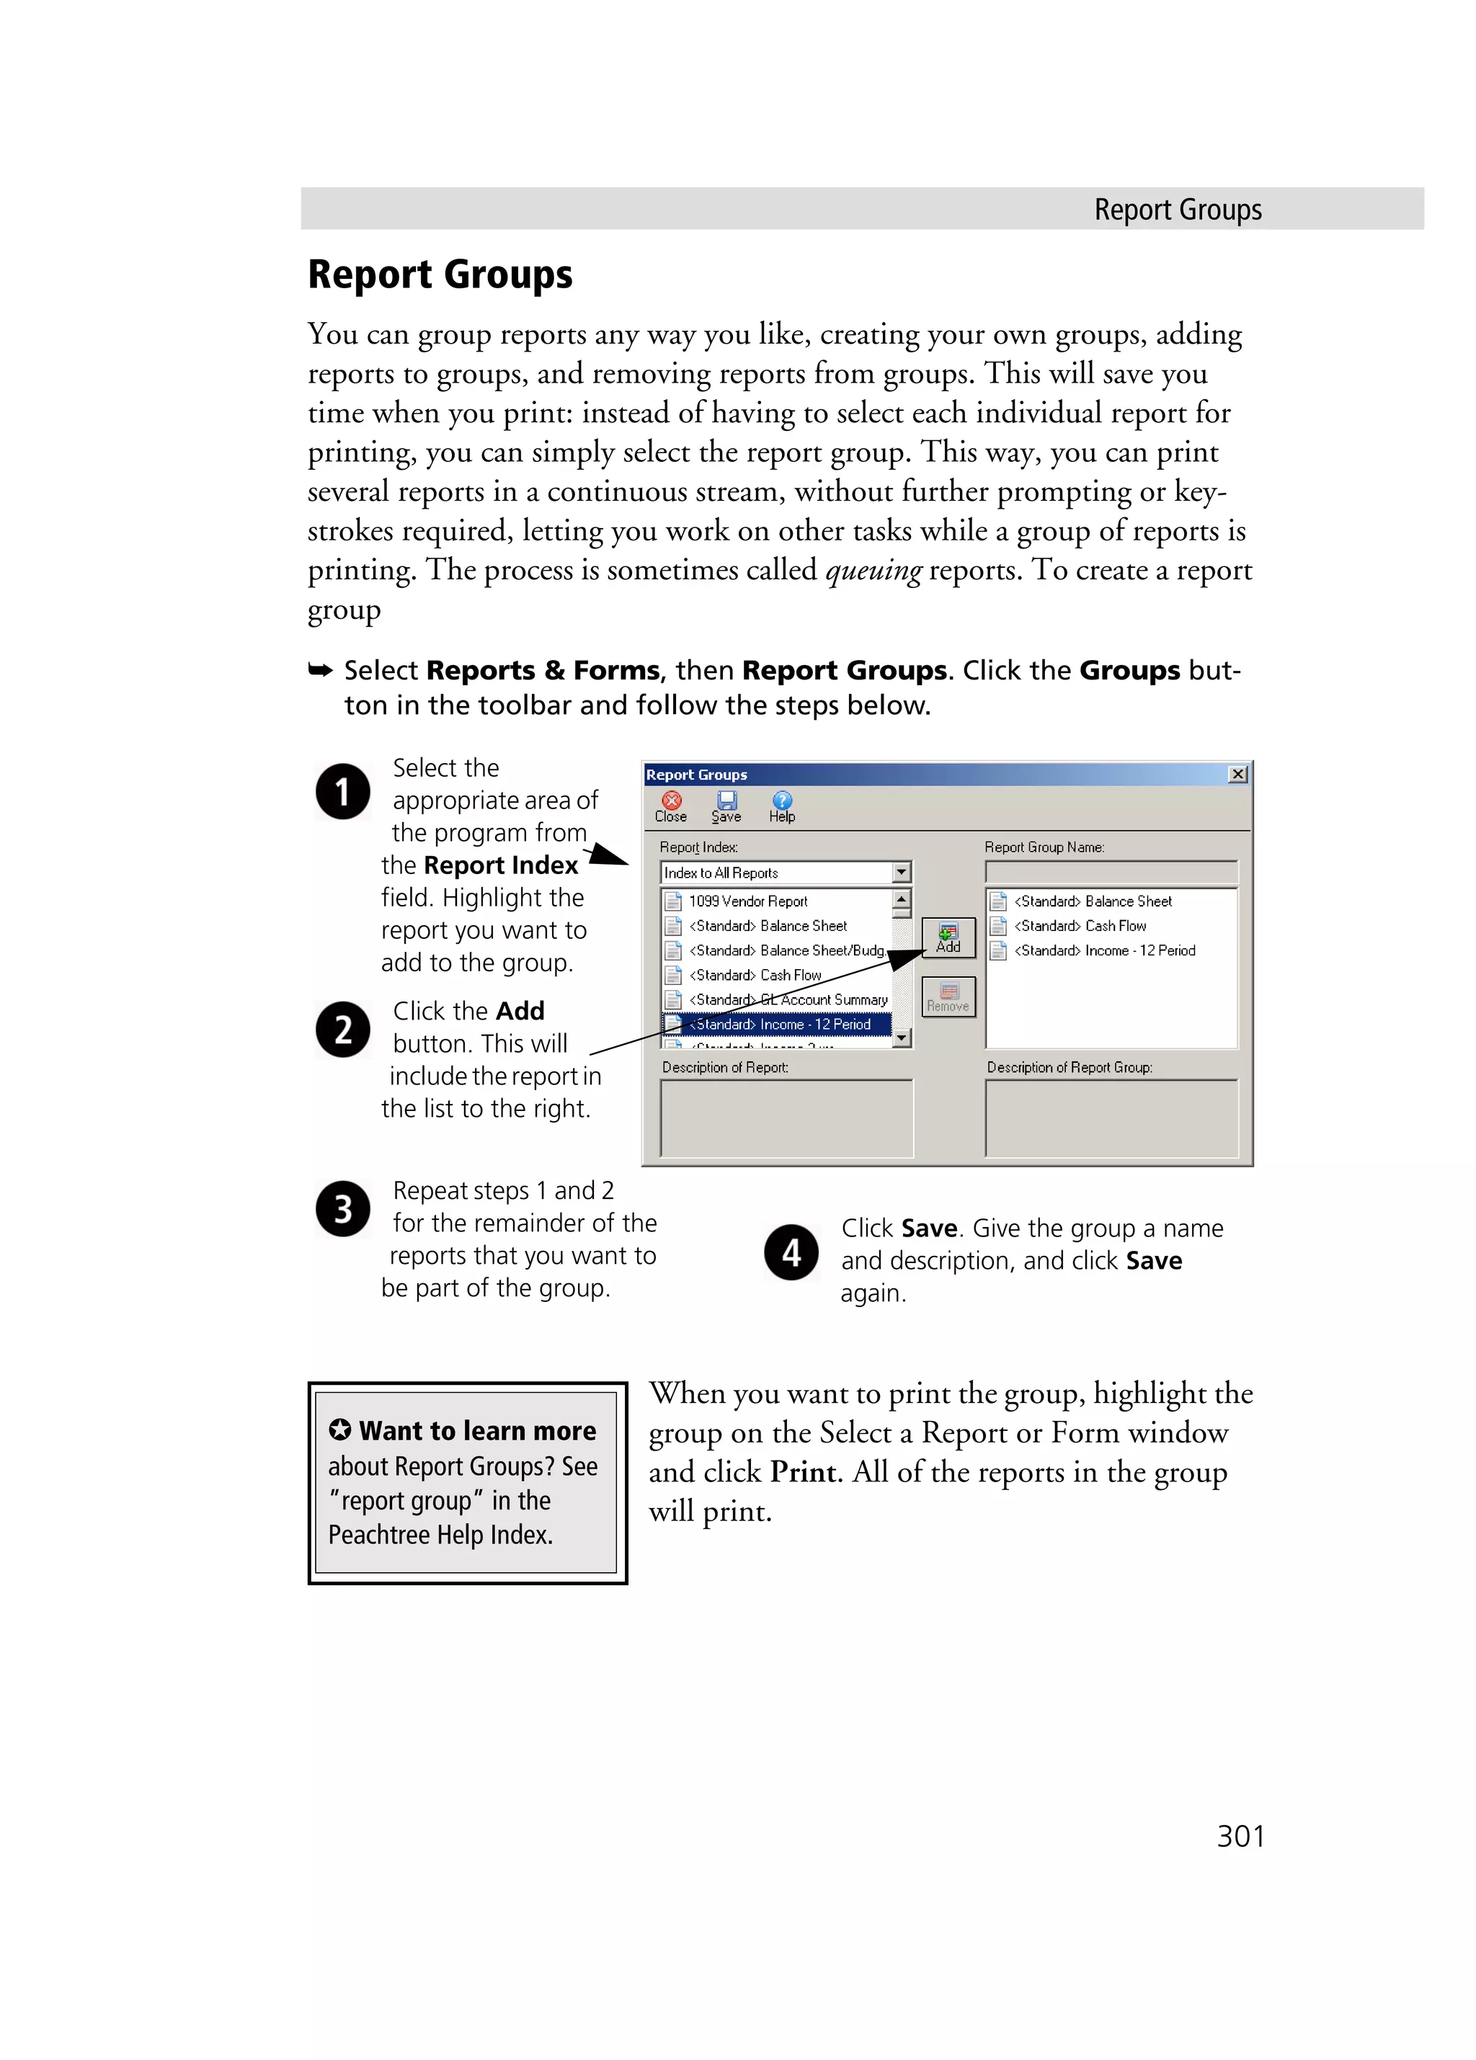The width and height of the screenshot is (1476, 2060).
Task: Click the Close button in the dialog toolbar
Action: click(x=671, y=805)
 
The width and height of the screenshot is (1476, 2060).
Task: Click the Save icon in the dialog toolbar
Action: click(x=726, y=805)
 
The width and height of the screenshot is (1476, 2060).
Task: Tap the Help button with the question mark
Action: click(x=781, y=805)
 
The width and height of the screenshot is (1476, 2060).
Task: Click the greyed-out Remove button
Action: click(x=948, y=996)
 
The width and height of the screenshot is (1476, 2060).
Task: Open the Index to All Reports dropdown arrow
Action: click(x=900, y=872)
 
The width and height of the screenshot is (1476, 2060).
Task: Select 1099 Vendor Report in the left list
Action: click(x=747, y=901)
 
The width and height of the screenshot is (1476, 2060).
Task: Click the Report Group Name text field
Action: click(x=1110, y=872)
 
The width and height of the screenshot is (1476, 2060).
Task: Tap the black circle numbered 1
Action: click(x=342, y=791)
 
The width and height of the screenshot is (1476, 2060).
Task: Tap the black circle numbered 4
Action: click(x=791, y=1252)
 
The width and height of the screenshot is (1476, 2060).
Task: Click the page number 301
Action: click(x=1240, y=1836)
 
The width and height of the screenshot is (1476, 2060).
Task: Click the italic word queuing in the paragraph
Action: click(x=873, y=571)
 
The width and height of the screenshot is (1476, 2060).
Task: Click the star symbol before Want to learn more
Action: click(x=339, y=1430)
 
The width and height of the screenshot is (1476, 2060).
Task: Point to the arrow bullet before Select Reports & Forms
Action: click(x=320, y=670)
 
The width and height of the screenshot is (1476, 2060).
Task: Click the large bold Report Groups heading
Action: click(x=440, y=275)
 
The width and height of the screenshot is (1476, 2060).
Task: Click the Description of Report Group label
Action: click(x=1069, y=1067)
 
